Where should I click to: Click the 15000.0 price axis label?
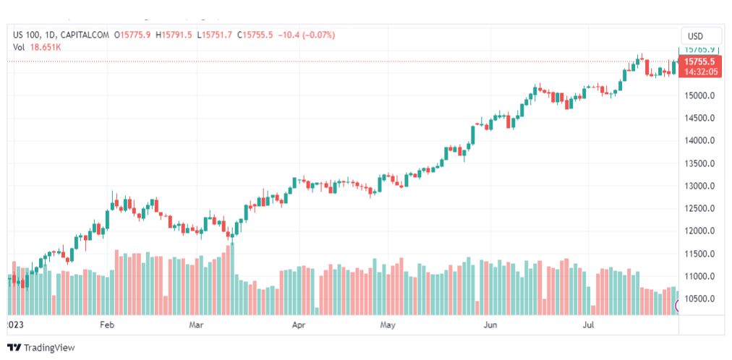700,95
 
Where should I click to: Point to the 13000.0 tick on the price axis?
700,186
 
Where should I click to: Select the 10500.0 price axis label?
700,299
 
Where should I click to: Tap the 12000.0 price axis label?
700,231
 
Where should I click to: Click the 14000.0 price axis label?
700,140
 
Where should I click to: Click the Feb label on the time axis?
107,325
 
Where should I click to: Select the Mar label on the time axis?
196,325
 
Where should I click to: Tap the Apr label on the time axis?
298,325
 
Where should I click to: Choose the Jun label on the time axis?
490,325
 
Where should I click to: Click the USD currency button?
695,36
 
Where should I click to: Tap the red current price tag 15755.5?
700,62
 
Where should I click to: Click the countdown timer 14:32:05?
700,72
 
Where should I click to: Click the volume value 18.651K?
46,47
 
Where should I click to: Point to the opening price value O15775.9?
132,35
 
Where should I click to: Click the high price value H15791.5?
174,35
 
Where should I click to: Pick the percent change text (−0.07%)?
318,35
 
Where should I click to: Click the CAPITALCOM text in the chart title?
85,35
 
